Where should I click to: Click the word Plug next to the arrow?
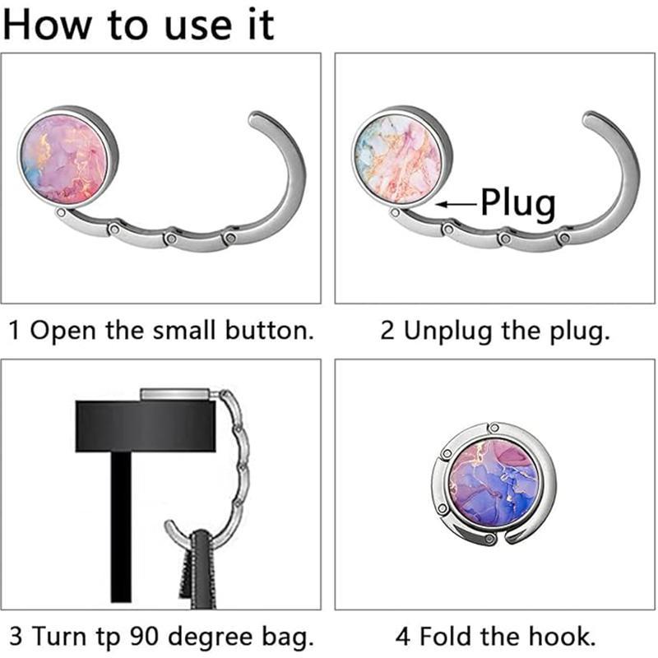(518, 202)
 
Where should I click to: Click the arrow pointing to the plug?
(456, 204)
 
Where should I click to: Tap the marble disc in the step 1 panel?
(65, 160)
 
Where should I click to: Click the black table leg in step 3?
(121, 526)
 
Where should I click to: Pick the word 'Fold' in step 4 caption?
(444, 636)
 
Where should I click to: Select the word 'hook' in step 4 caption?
(559, 636)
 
